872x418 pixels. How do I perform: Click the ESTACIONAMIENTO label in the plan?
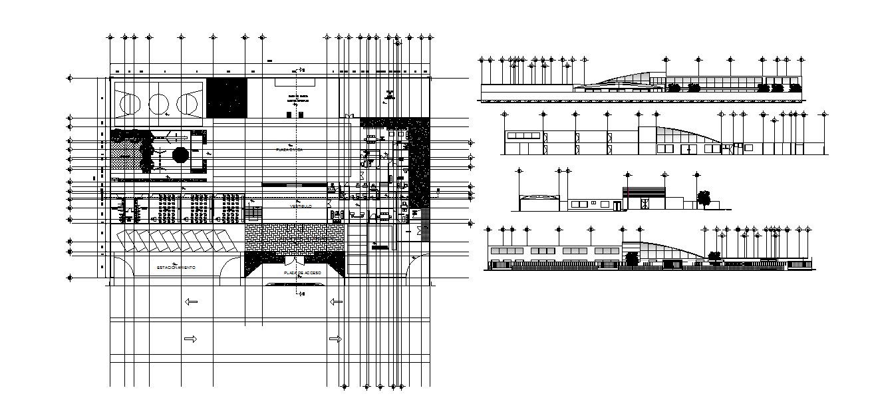tap(176, 267)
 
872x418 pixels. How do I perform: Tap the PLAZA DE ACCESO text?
tap(302, 273)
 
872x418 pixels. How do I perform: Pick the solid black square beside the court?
tap(226, 98)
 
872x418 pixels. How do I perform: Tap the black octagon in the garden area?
tap(180, 154)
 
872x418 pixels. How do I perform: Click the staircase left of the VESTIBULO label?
tap(253, 214)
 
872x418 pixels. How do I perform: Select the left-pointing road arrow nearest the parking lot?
tap(192, 302)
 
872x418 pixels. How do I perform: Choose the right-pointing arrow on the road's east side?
tap(335, 339)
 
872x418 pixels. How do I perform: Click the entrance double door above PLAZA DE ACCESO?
tap(295, 262)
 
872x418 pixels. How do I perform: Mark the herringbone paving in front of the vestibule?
tap(295, 238)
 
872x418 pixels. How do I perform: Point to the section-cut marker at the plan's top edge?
tap(301, 69)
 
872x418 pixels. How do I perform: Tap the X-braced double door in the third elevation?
tap(644, 204)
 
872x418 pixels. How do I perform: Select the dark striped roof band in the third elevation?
tap(644, 192)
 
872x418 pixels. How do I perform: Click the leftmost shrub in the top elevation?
tap(674, 87)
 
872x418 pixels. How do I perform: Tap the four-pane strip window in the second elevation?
tap(523, 136)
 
